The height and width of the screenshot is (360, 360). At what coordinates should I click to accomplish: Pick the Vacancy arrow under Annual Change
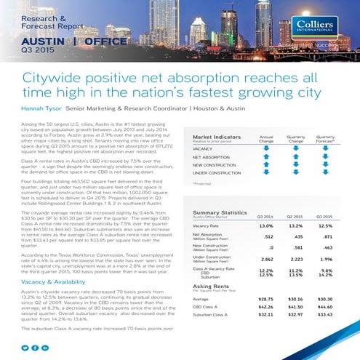pos(266,148)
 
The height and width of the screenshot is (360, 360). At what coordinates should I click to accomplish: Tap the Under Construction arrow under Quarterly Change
pos(297,172)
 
